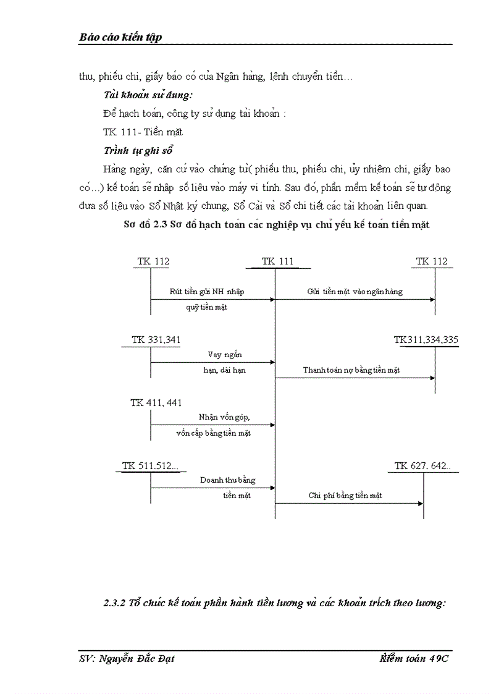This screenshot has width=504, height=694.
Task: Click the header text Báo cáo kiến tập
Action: [x=120, y=38]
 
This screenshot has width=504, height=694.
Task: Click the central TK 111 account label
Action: [x=277, y=261]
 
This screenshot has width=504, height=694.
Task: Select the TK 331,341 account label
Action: [x=156, y=340]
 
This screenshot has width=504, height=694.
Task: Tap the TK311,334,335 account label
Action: [x=426, y=340]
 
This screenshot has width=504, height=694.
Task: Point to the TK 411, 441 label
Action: [x=156, y=403]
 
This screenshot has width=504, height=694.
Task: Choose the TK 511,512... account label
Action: [x=150, y=466]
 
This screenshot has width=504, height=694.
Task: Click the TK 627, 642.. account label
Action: [x=422, y=466]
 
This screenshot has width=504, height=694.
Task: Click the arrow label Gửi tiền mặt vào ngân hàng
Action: [x=355, y=292]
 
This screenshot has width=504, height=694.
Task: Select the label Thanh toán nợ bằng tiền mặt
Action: [x=351, y=370]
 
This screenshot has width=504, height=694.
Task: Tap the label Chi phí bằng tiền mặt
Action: [x=345, y=496]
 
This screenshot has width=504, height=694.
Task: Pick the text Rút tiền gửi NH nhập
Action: [x=211, y=292]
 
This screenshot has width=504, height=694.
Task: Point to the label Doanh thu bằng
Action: [x=227, y=480]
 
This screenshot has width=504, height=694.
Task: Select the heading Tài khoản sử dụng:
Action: [x=148, y=96]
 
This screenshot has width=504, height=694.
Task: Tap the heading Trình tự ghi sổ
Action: [x=138, y=151]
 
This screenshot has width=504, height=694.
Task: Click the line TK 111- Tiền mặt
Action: [x=143, y=132]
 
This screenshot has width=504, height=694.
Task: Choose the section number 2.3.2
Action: [x=114, y=604]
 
